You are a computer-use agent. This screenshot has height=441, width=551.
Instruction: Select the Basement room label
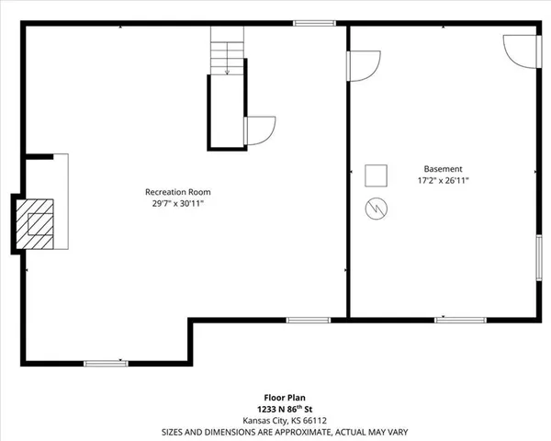pyautogui.click(x=443, y=169)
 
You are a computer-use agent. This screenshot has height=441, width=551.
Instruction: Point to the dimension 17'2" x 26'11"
pyautogui.click(x=443, y=181)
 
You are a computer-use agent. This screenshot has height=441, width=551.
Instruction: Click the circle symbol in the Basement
pyautogui.click(x=377, y=209)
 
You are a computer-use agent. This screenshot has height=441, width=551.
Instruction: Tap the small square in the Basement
pyautogui.click(x=377, y=175)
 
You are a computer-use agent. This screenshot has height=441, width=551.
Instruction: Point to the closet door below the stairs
pyautogui.click(x=258, y=130)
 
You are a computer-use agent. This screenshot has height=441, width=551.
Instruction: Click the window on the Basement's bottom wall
pyautogui.click(x=460, y=319)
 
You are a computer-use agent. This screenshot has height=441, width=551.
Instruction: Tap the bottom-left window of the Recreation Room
pyautogui.click(x=106, y=363)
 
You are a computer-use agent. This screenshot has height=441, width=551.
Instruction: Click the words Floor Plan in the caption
pyautogui.click(x=275, y=398)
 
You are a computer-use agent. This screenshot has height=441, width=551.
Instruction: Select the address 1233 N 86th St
pyautogui.click(x=275, y=409)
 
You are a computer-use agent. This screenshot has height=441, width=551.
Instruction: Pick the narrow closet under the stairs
pyautogui.click(x=226, y=110)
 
